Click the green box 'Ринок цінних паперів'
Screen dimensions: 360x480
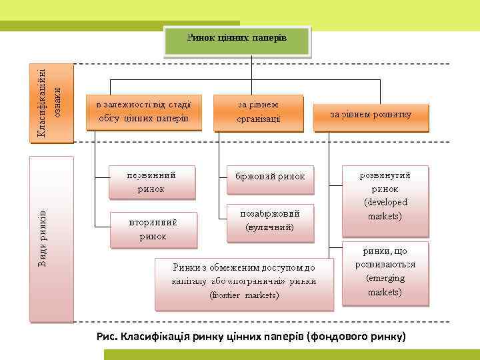[237, 39]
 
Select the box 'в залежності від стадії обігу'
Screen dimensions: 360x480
[144, 112]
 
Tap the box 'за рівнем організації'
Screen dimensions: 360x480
[258, 112]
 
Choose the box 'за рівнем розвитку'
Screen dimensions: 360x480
[371, 115]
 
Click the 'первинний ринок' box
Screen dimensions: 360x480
[152, 182]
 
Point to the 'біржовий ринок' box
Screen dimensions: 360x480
[270, 177]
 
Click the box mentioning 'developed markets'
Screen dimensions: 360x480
[385, 196]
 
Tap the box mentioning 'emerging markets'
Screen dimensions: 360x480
[385, 272]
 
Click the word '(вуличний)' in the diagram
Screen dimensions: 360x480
[269, 227]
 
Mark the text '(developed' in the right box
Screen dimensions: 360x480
[385, 202]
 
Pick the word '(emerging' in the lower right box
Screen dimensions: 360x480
[385, 278]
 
